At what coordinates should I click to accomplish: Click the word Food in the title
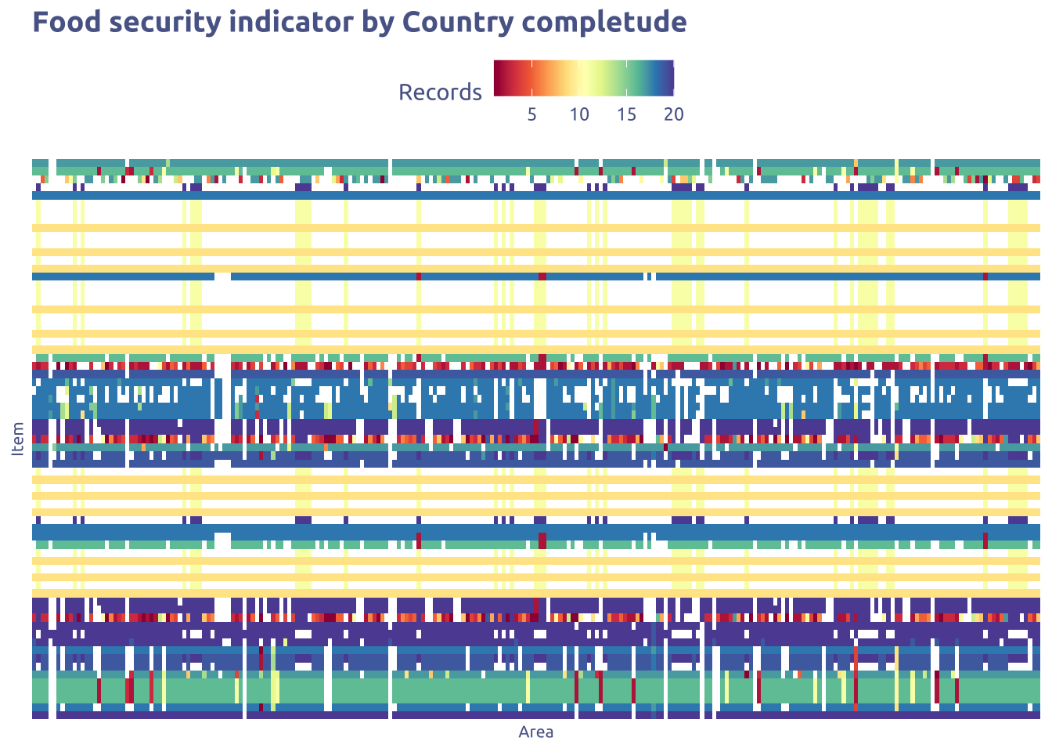coord(67,23)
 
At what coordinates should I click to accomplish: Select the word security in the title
coord(164,23)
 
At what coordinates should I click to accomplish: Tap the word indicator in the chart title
coord(290,23)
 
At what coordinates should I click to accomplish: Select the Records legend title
coord(440,92)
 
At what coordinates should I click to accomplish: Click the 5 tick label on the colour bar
coord(531,114)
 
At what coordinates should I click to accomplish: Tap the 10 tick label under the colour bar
coord(578,114)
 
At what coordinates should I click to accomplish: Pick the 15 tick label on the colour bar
coord(626,114)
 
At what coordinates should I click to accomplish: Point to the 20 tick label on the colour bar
coord(673,114)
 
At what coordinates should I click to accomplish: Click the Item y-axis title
coord(18,439)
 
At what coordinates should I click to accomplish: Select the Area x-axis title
coord(535,732)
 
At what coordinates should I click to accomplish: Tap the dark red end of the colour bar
coord(499,78)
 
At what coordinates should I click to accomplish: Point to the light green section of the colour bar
coord(618,78)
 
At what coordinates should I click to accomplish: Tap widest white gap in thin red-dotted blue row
coord(222,276)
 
